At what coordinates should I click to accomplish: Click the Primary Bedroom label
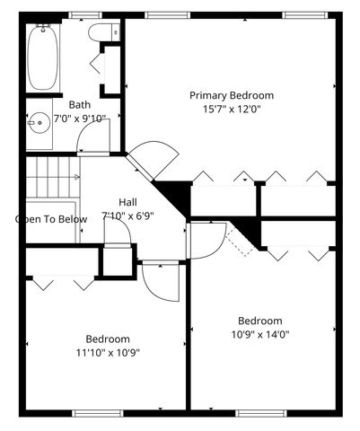point(231,95)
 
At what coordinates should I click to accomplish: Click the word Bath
point(79,104)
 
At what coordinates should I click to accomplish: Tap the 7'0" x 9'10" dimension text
point(80,118)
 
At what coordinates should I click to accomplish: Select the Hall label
point(129,202)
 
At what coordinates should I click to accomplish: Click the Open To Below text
point(51,219)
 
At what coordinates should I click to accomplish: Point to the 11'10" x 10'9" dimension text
point(107,352)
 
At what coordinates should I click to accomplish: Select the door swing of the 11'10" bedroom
point(162,282)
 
